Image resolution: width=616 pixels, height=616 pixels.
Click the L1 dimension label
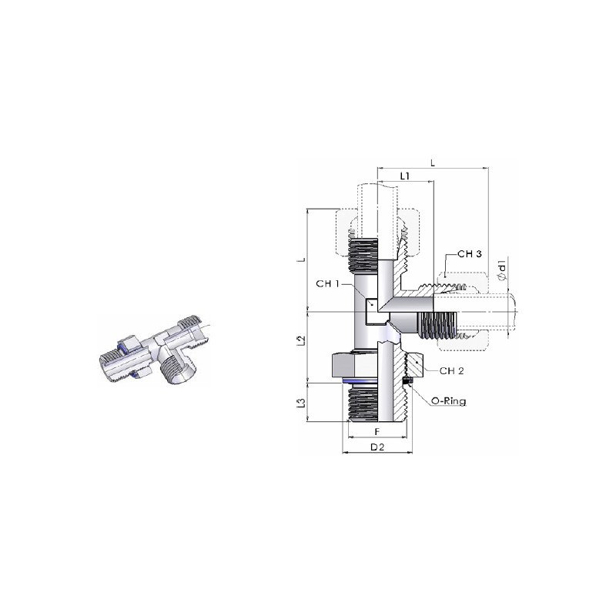point(405,176)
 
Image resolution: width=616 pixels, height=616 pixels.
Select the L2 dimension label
point(301,340)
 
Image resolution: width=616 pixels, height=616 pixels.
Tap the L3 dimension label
point(301,403)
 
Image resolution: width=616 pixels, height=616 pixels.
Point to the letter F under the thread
point(377,432)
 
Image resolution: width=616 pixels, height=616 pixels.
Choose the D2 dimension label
point(377,447)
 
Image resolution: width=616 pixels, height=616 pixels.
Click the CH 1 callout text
point(327,283)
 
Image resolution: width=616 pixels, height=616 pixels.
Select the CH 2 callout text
point(452,371)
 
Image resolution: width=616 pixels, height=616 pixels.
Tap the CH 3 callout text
point(470,254)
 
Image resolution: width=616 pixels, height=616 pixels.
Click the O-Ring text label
point(449,401)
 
